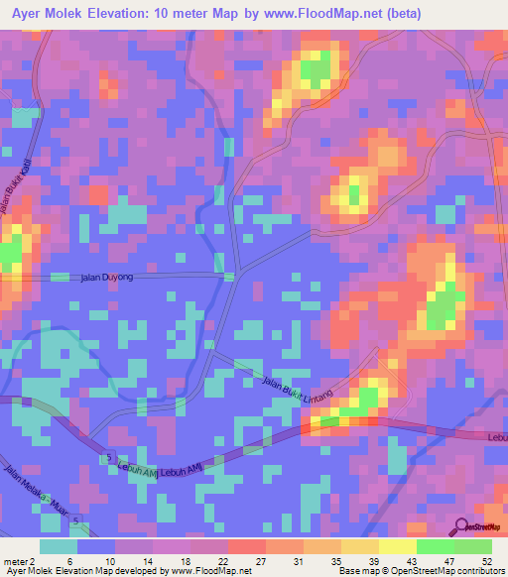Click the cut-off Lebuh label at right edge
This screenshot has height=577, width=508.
(497, 436)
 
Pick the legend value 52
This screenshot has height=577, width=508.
(485, 560)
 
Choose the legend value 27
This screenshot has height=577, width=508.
(261, 560)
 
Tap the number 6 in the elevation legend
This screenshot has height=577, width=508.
(70, 560)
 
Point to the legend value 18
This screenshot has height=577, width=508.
(185, 560)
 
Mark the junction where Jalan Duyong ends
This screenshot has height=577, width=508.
(230, 277)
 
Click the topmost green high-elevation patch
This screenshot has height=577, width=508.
(316, 69)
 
